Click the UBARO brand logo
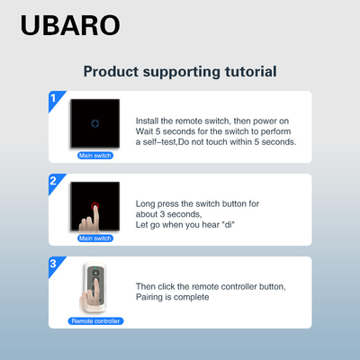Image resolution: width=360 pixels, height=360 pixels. [70, 25]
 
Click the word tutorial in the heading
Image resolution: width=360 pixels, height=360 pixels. [251, 71]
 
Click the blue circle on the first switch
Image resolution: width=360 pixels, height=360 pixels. [95, 123]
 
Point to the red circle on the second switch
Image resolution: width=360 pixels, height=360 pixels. [95, 206]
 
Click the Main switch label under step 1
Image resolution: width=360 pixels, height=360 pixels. [95, 156]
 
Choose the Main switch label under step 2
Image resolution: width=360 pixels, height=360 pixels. [95, 238]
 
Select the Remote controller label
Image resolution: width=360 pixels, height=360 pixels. [95, 321]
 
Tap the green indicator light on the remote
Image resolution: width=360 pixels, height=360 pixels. [95, 268]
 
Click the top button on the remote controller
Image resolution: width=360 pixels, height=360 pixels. [95, 273]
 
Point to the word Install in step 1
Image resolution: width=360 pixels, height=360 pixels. [147, 121]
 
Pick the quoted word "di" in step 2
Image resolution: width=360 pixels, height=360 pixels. [229, 225]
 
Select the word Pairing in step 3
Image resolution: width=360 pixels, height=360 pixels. [149, 297]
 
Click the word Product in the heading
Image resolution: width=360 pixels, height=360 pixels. [111, 71]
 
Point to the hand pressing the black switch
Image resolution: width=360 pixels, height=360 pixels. [89, 220]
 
